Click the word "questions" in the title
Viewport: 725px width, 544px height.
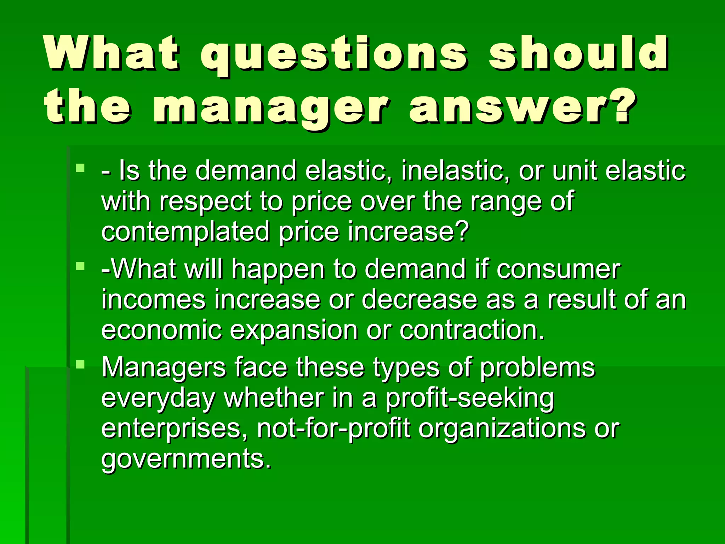tap(335, 53)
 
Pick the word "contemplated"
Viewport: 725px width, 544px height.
tap(185, 231)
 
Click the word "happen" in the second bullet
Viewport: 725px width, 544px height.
tap(278, 269)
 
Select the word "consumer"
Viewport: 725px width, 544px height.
tap(558, 269)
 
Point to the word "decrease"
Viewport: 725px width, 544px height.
tap(419, 299)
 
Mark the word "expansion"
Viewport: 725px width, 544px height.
tap(294, 330)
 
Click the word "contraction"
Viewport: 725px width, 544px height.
tap(472, 330)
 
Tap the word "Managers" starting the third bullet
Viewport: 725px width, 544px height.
tap(164, 368)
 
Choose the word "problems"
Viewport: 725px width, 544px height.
tap(537, 368)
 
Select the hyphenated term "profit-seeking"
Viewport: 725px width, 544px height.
tap(469, 398)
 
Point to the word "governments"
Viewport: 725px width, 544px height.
tap(186, 459)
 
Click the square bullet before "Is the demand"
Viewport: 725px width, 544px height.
tap(80, 168)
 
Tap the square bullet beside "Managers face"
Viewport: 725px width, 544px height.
tap(80, 364)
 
